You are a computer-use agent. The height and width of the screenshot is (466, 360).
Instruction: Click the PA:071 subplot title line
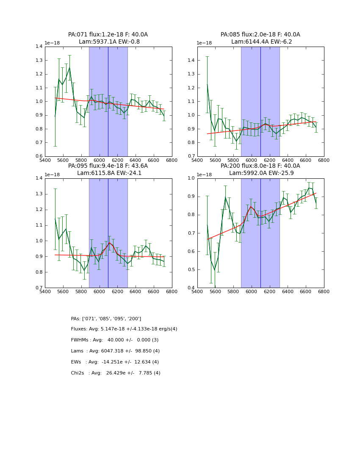(108, 35)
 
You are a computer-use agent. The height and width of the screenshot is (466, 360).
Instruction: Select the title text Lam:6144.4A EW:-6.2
(261, 42)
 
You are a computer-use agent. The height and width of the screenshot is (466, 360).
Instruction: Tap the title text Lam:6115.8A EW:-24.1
(109, 173)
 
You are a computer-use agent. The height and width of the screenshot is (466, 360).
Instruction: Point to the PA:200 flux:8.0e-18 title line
(260, 166)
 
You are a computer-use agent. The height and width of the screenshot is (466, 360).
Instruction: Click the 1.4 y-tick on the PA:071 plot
(38, 47)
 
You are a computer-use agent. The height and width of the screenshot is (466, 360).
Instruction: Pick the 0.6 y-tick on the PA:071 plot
(38, 156)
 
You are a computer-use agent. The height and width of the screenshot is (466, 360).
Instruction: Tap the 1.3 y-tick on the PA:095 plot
(38, 194)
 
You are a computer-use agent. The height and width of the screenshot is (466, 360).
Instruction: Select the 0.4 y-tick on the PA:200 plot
(191, 288)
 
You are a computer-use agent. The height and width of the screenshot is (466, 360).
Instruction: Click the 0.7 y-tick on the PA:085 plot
(191, 156)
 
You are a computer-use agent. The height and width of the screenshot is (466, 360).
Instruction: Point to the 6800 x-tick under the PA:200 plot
(324, 292)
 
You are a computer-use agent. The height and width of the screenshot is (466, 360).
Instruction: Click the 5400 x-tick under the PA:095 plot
(45, 292)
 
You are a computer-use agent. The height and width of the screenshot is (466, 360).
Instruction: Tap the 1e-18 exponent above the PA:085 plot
(204, 43)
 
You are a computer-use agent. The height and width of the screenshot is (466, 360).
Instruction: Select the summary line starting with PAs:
(106, 319)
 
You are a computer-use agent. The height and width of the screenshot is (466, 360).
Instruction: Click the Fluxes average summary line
(124, 329)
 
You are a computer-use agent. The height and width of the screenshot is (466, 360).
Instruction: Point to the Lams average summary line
(115, 351)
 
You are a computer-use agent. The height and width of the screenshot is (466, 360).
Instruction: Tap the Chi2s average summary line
(116, 373)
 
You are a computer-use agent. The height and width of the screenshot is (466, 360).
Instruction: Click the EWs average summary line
(115, 362)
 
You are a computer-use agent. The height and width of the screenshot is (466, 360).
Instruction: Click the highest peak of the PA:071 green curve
(69, 67)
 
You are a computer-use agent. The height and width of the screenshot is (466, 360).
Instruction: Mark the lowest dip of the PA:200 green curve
(214, 269)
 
